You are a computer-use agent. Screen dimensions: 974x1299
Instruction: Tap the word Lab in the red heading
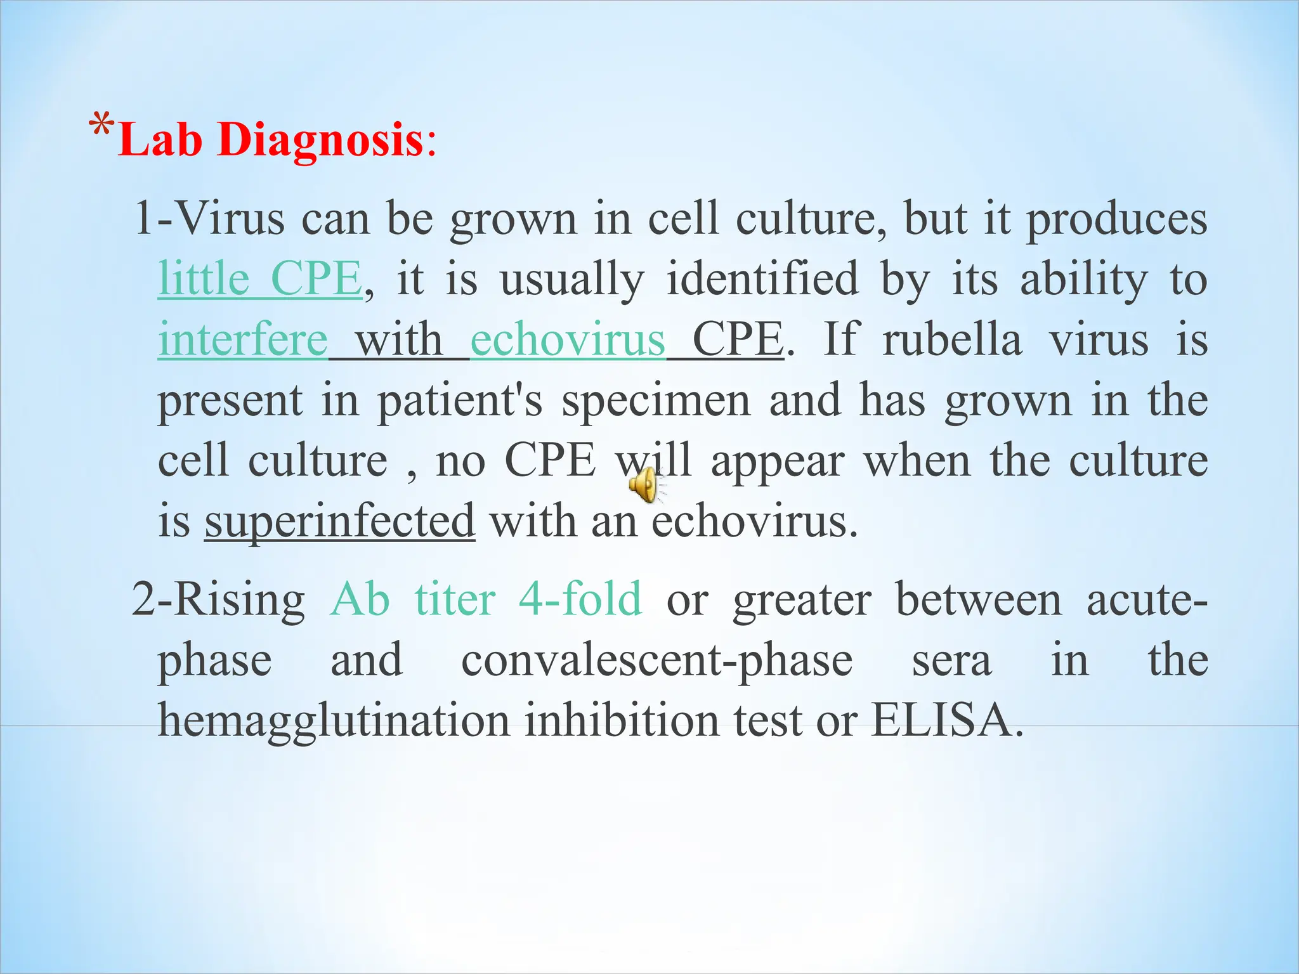pyautogui.click(x=160, y=140)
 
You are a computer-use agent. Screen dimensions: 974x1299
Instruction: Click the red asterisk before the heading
pyautogui.click(x=101, y=127)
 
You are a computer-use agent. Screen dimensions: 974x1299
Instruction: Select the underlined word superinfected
pyautogui.click(x=339, y=521)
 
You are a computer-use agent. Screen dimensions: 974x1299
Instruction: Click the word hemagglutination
pyautogui.click(x=334, y=721)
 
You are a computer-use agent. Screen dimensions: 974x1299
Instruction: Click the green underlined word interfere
pyautogui.click(x=243, y=340)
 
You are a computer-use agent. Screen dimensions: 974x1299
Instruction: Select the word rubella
pyautogui.click(x=952, y=340)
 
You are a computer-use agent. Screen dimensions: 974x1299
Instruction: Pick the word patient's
pyautogui.click(x=460, y=401)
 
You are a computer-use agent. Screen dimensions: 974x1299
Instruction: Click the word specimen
pyautogui.click(x=656, y=401)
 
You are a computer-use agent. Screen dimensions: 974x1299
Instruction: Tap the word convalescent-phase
pyautogui.click(x=656, y=660)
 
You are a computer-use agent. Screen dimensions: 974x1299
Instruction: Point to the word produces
pyautogui.click(x=1116, y=219)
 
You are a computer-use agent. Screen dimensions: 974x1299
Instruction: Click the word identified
pyautogui.click(x=762, y=279)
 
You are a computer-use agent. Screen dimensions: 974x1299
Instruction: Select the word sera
pyautogui.click(x=951, y=660)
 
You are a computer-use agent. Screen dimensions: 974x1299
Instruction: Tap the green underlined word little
pyautogui.click(x=204, y=279)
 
